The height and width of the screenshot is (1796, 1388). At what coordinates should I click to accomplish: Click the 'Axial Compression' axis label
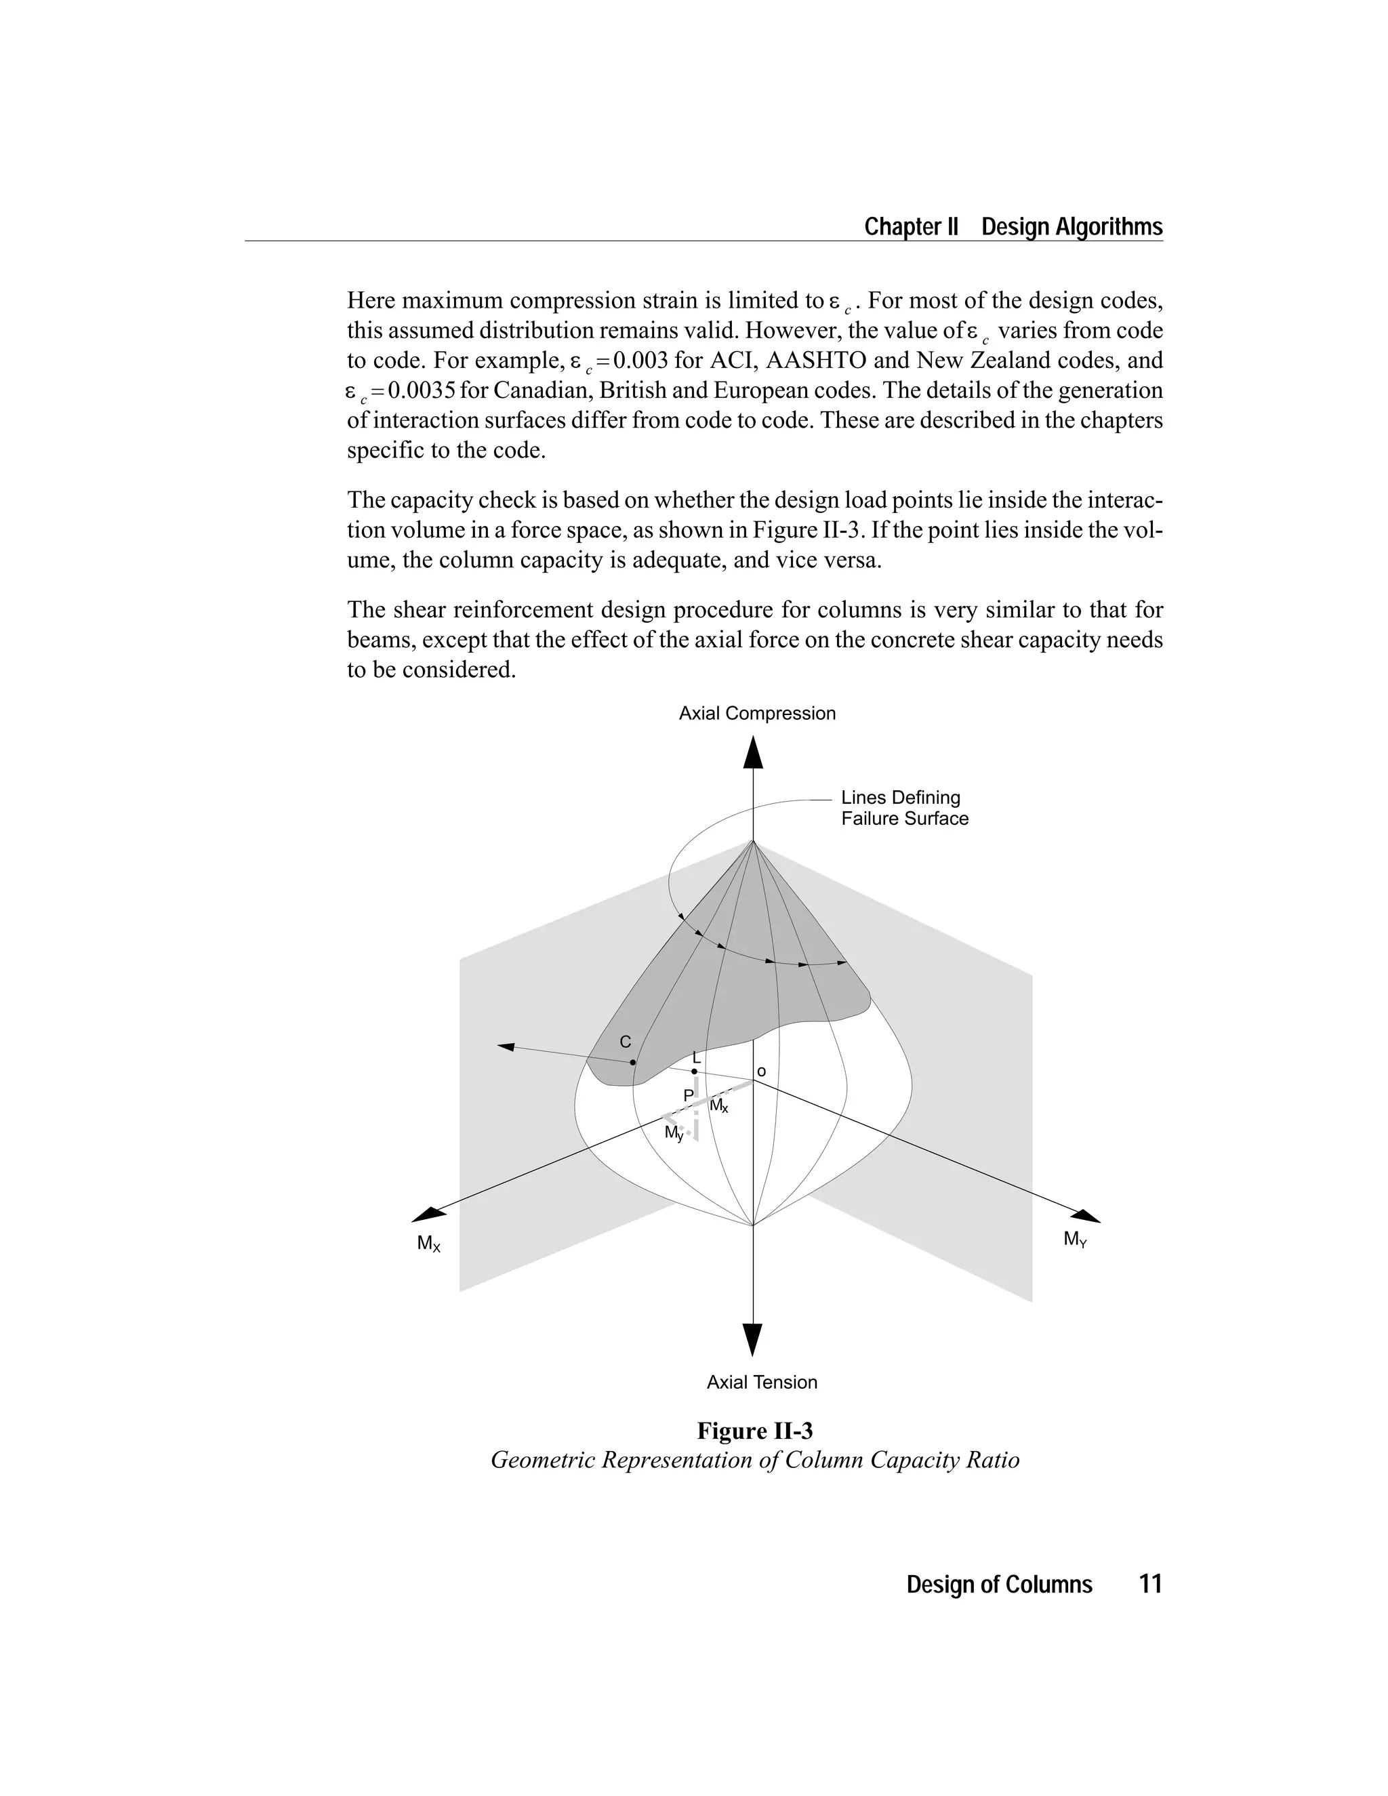pyautogui.click(x=756, y=714)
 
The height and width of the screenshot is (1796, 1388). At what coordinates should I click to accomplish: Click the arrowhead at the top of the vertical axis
pyautogui.click(x=752, y=753)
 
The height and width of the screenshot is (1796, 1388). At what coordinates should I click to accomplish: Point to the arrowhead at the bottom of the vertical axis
pyautogui.click(x=752, y=1339)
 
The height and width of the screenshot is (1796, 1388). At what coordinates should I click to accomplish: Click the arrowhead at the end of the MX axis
pyautogui.click(x=427, y=1215)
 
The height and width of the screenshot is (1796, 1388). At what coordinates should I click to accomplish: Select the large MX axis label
pyautogui.click(x=428, y=1244)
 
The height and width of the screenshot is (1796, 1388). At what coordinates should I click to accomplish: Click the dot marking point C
pyautogui.click(x=632, y=1063)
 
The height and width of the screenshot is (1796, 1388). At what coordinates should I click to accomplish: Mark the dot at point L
pyautogui.click(x=694, y=1072)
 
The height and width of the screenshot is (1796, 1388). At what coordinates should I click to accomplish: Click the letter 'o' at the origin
pyautogui.click(x=760, y=1072)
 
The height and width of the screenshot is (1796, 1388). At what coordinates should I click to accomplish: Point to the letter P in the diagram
pyautogui.click(x=689, y=1095)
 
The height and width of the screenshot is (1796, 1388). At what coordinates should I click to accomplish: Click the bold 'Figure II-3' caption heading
pyautogui.click(x=755, y=1431)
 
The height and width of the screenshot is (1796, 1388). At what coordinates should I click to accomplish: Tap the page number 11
pyautogui.click(x=1149, y=1584)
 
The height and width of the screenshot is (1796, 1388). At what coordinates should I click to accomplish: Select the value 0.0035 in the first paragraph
pyautogui.click(x=422, y=390)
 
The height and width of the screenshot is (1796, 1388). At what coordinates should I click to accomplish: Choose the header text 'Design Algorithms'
pyautogui.click(x=1071, y=227)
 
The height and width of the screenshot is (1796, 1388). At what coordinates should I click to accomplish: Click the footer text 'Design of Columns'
pyautogui.click(x=999, y=1585)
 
